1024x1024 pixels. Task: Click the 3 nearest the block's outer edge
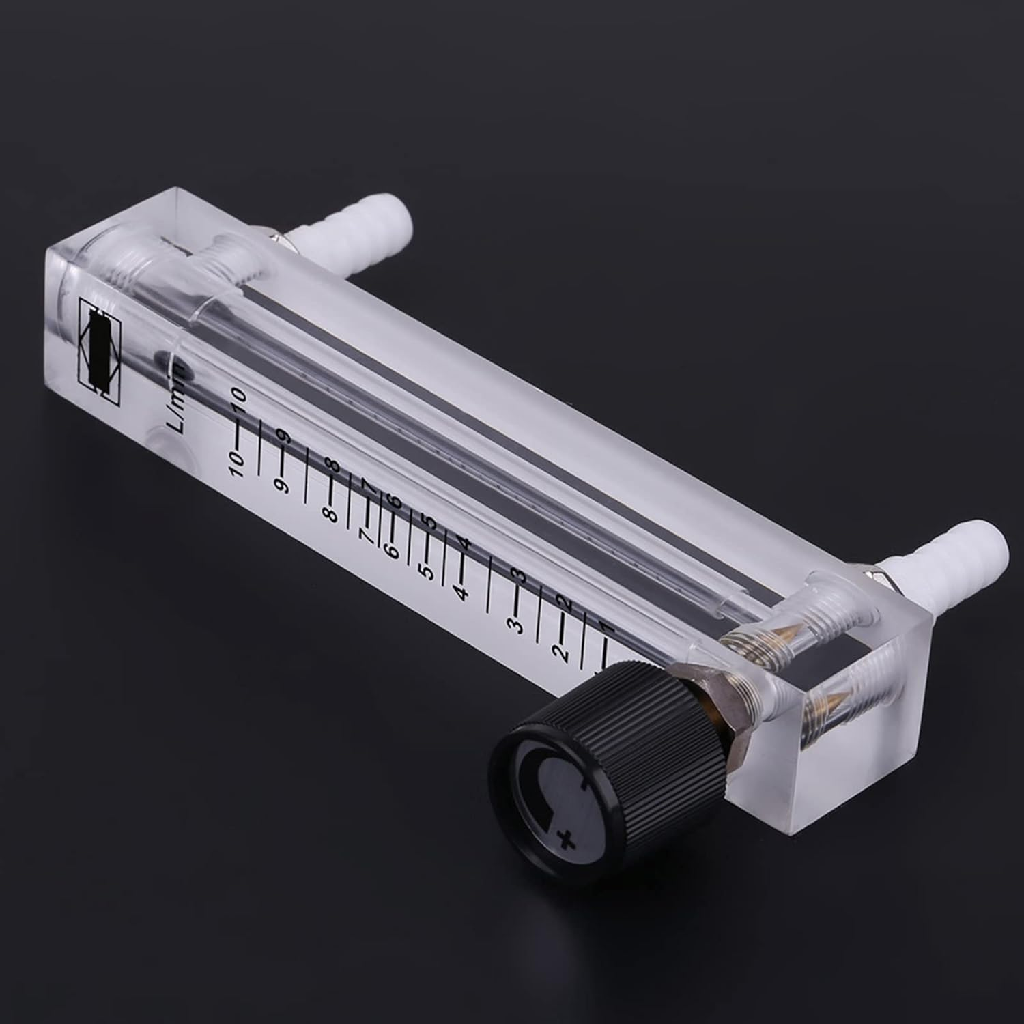pyautogui.click(x=515, y=624)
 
